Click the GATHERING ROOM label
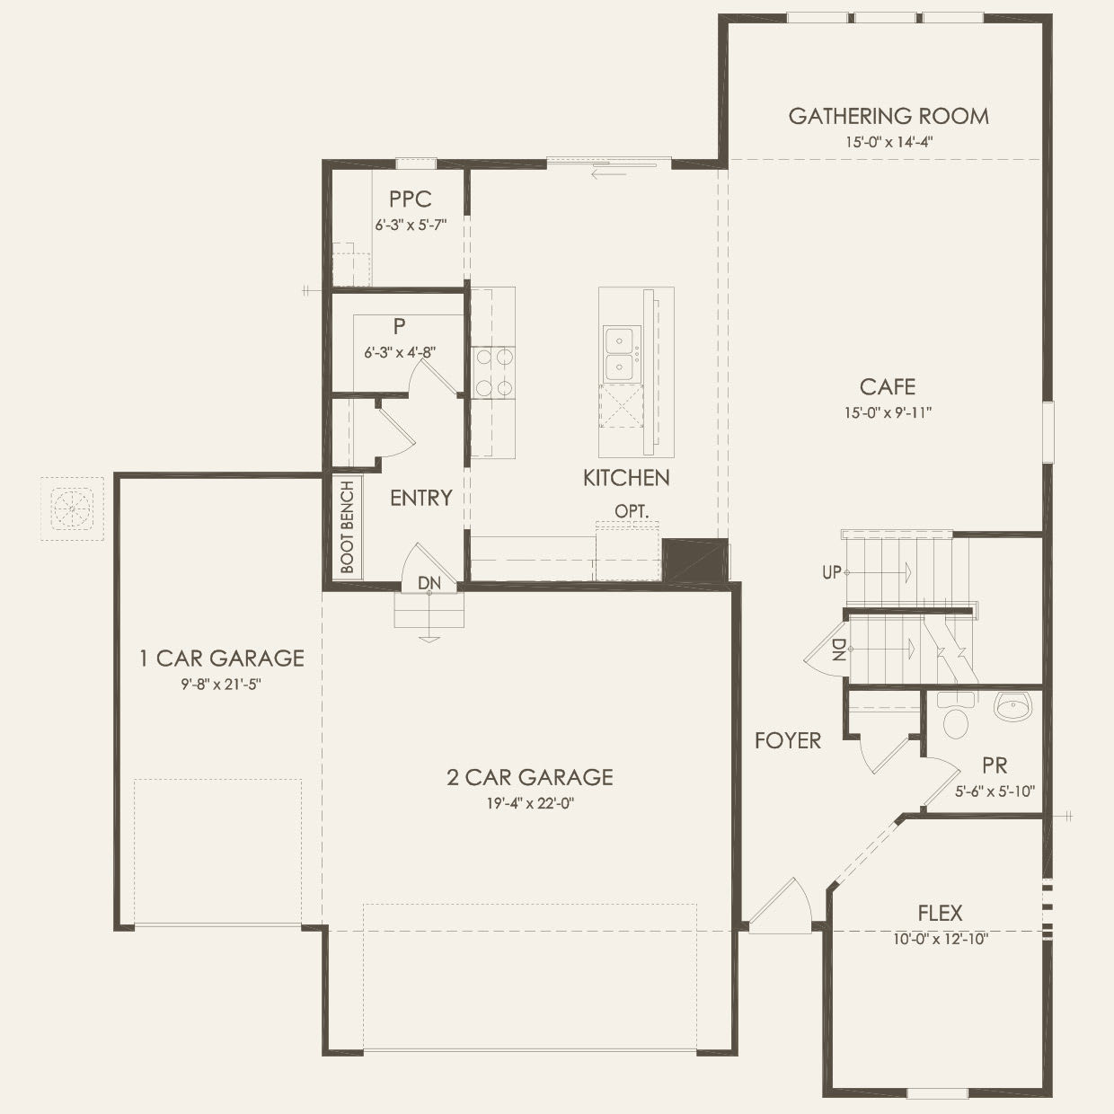tap(888, 116)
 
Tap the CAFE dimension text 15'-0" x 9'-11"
tap(888, 413)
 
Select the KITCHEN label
tap(626, 478)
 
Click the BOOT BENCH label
tap(348, 527)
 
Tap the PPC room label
tap(411, 199)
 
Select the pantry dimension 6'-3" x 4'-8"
tap(399, 353)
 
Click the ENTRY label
tap(420, 498)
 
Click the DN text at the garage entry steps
tap(429, 583)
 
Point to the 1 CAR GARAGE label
tap(221, 659)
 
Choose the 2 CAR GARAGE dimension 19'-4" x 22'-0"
tap(530, 803)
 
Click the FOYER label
tap(787, 740)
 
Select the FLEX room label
tap(940, 914)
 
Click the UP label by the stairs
tap(831, 572)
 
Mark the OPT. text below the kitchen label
tap(631, 510)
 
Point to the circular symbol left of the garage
tap(71, 508)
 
